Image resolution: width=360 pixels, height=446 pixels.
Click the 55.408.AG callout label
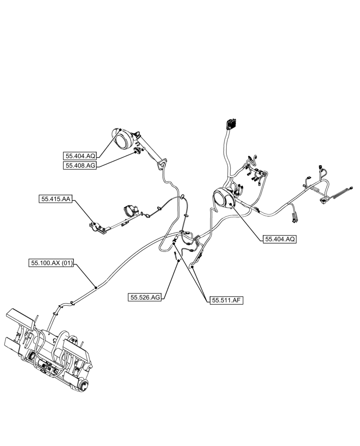80,165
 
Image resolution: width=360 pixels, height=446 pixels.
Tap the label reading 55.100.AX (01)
50,264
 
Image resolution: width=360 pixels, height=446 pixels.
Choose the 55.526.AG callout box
145,297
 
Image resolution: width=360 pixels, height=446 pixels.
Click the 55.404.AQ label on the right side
280,239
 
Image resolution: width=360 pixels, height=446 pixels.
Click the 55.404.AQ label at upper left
80,156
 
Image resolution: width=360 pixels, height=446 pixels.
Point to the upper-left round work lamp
122,138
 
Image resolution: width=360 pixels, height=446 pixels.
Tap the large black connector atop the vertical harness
231,124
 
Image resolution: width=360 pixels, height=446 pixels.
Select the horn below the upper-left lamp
137,152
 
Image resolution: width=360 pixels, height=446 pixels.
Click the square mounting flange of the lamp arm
161,165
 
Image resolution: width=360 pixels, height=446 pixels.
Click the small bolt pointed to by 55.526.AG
177,256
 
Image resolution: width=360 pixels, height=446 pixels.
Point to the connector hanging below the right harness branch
294,218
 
